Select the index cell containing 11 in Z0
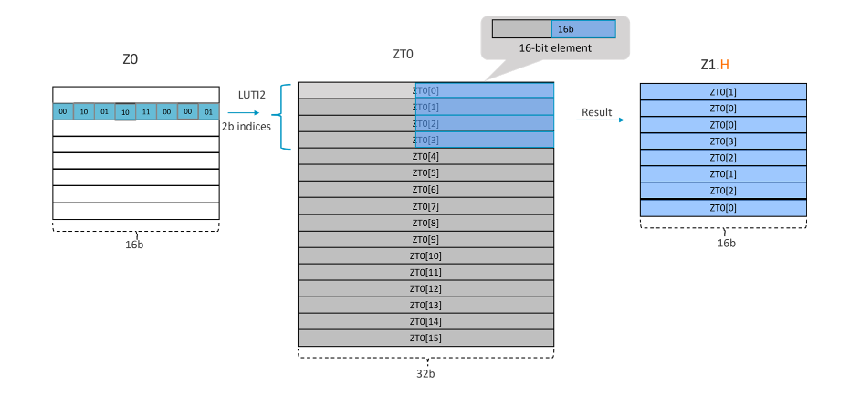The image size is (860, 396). pyautogui.click(x=146, y=111)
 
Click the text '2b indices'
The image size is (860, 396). pyautogui.click(x=246, y=127)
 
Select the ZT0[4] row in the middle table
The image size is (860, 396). pyautogui.click(x=425, y=156)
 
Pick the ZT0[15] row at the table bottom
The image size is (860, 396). pyautogui.click(x=425, y=338)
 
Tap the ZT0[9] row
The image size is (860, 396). pyautogui.click(x=425, y=239)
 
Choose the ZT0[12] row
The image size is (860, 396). pyautogui.click(x=425, y=288)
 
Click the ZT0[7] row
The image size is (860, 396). pyautogui.click(x=425, y=206)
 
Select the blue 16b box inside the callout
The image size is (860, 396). pyautogui.click(x=583, y=28)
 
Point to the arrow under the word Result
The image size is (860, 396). pyautogui.click(x=603, y=120)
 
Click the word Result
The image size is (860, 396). pyautogui.click(x=597, y=112)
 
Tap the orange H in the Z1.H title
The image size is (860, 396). pyautogui.click(x=725, y=65)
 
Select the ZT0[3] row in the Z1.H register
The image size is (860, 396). pyautogui.click(x=723, y=141)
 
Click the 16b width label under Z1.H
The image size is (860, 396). pyautogui.click(x=724, y=243)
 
